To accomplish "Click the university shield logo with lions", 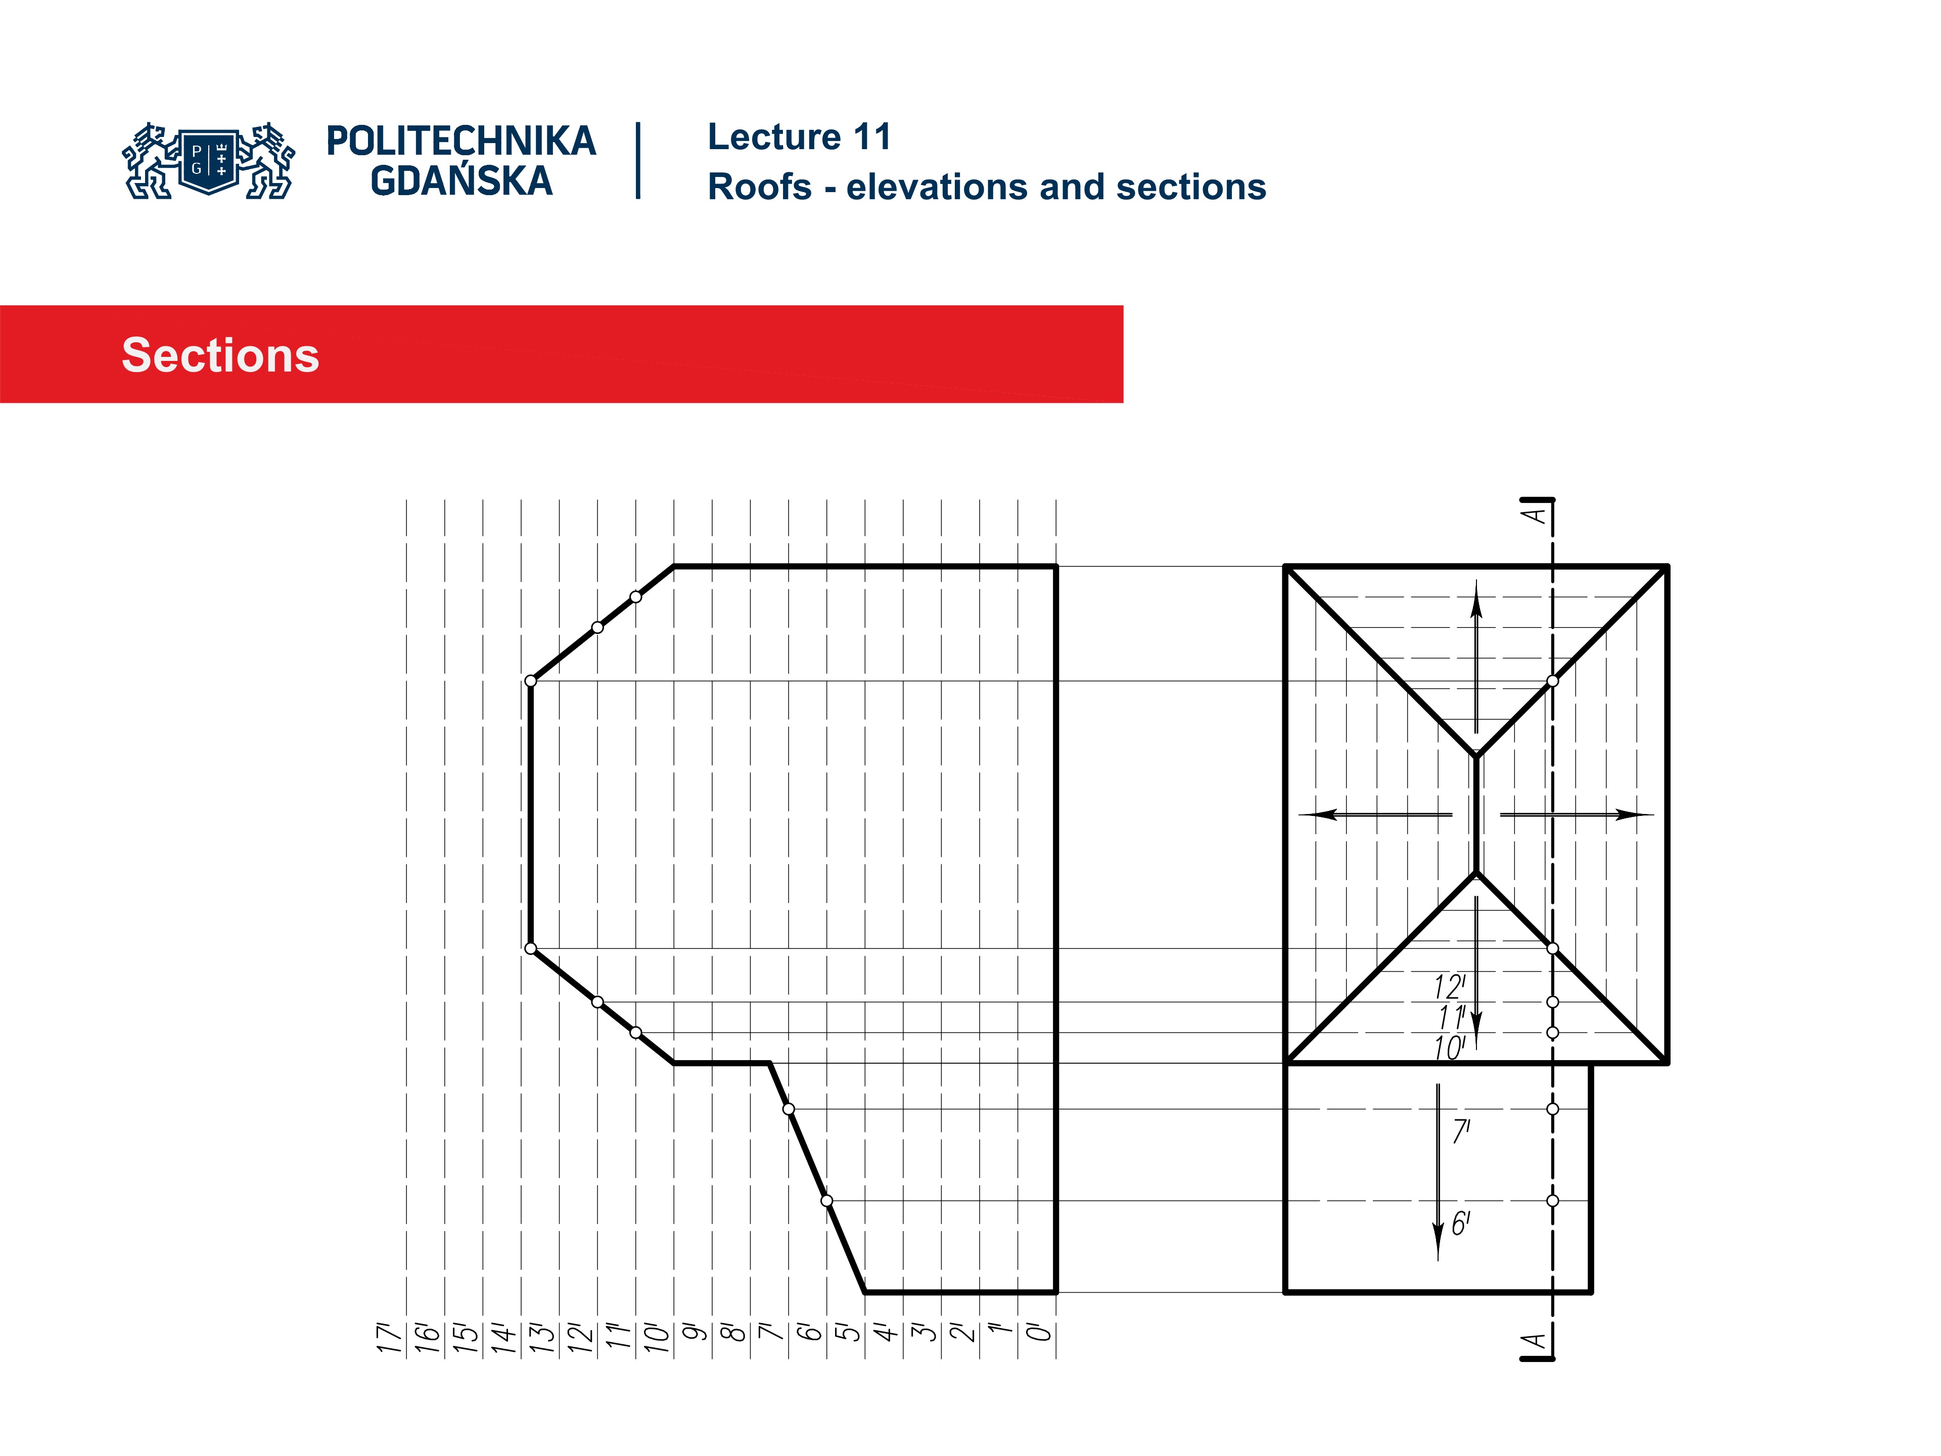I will click(209, 161).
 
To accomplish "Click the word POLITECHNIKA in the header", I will click(460, 141).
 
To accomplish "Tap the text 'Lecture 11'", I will click(799, 137).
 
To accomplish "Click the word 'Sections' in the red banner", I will click(220, 355).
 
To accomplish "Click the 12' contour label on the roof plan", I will click(1450, 987).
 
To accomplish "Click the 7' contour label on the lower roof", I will click(1461, 1131).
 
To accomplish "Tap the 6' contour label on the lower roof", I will click(1461, 1223).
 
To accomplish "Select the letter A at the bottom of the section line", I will click(1535, 1341).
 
